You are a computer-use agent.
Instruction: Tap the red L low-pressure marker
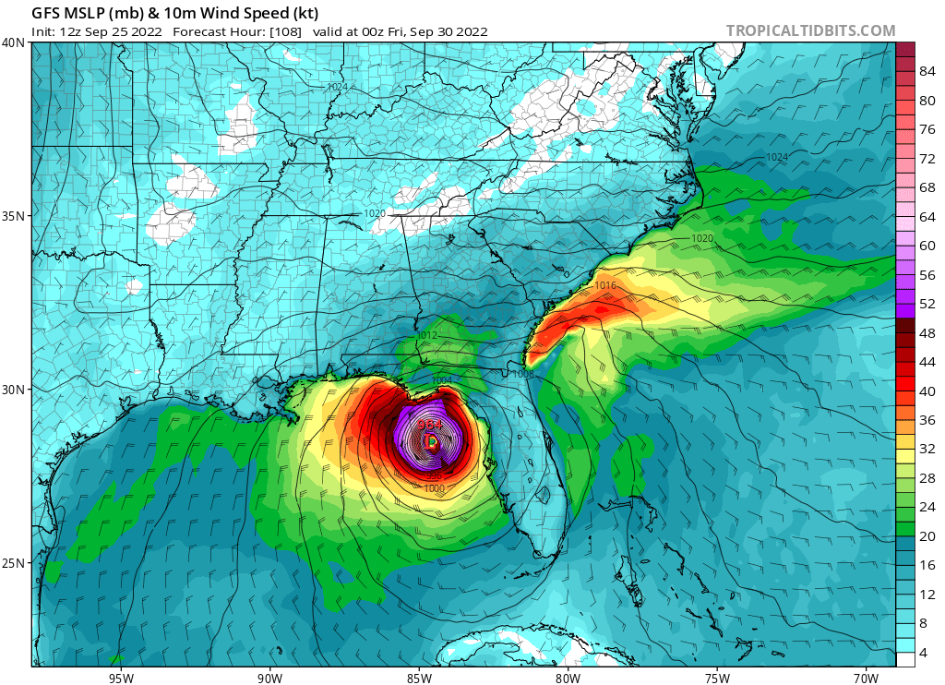pyautogui.click(x=430, y=442)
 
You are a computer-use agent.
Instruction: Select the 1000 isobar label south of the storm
pyautogui.click(x=435, y=488)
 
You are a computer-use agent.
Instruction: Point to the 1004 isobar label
pyautogui.click(x=442, y=380)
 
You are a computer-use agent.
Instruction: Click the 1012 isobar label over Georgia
pyautogui.click(x=426, y=335)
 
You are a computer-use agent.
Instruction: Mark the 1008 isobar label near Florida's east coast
pyautogui.click(x=522, y=374)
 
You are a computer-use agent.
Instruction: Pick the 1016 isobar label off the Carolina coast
pyautogui.click(x=605, y=286)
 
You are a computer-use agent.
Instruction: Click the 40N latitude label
pyautogui.click(x=13, y=42)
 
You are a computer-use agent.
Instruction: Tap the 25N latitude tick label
pyautogui.click(x=13, y=563)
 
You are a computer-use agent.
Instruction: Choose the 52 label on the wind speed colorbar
pyautogui.click(x=928, y=304)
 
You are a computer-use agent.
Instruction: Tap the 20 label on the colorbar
pyautogui.click(x=928, y=535)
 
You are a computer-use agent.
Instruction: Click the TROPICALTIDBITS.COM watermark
pyautogui.click(x=810, y=30)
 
